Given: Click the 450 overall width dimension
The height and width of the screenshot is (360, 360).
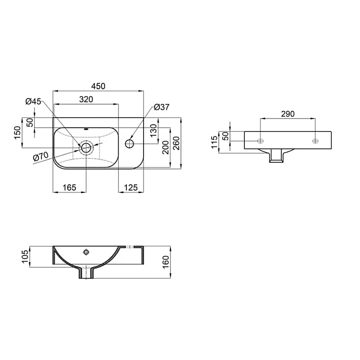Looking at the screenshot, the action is (98, 86).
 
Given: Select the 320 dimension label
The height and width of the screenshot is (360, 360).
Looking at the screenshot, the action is (86, 99).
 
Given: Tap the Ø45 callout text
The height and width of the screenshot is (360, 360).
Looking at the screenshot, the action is (33, 101).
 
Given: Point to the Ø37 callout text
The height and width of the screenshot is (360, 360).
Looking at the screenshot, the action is (162, 107).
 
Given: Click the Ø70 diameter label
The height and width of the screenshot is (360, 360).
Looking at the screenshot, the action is (41, 157).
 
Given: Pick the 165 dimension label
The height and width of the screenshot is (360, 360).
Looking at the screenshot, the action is (69, 188).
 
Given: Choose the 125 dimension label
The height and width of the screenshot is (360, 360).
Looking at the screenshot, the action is (131, 188).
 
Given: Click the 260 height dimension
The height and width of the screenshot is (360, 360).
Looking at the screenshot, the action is (176, 143).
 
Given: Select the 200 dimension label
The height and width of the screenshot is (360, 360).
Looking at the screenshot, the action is (166, 147).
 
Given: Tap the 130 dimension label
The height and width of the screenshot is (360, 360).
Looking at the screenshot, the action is (154, 131).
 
